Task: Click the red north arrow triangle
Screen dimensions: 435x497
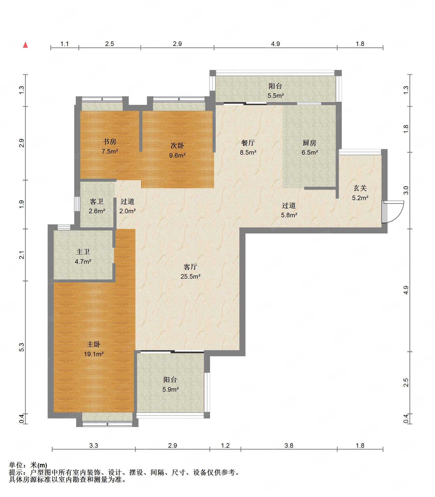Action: (25, 45)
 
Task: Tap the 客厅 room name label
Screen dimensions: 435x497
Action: (190, 267)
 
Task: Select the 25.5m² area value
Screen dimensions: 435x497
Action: (190, 276)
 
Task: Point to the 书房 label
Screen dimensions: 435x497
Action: (110, 141)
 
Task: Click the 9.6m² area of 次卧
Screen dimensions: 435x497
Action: (177, 155)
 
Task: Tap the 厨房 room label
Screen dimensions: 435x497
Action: (309, 143)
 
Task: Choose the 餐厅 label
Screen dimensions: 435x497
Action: (248, 143)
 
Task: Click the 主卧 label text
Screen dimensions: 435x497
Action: (94, 344)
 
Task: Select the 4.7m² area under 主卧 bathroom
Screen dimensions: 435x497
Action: (83, 262)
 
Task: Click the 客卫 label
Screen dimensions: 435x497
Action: (97, 201)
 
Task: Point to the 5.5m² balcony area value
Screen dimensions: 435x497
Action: (276, 96)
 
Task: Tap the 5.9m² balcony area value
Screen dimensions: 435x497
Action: (170, 389)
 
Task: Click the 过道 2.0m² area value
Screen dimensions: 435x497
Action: (127, 211)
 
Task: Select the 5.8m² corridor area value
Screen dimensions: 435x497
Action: (289, 215)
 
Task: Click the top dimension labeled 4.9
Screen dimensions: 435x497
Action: (275, 44)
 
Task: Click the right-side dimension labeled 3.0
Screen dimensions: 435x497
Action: (406, 190)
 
